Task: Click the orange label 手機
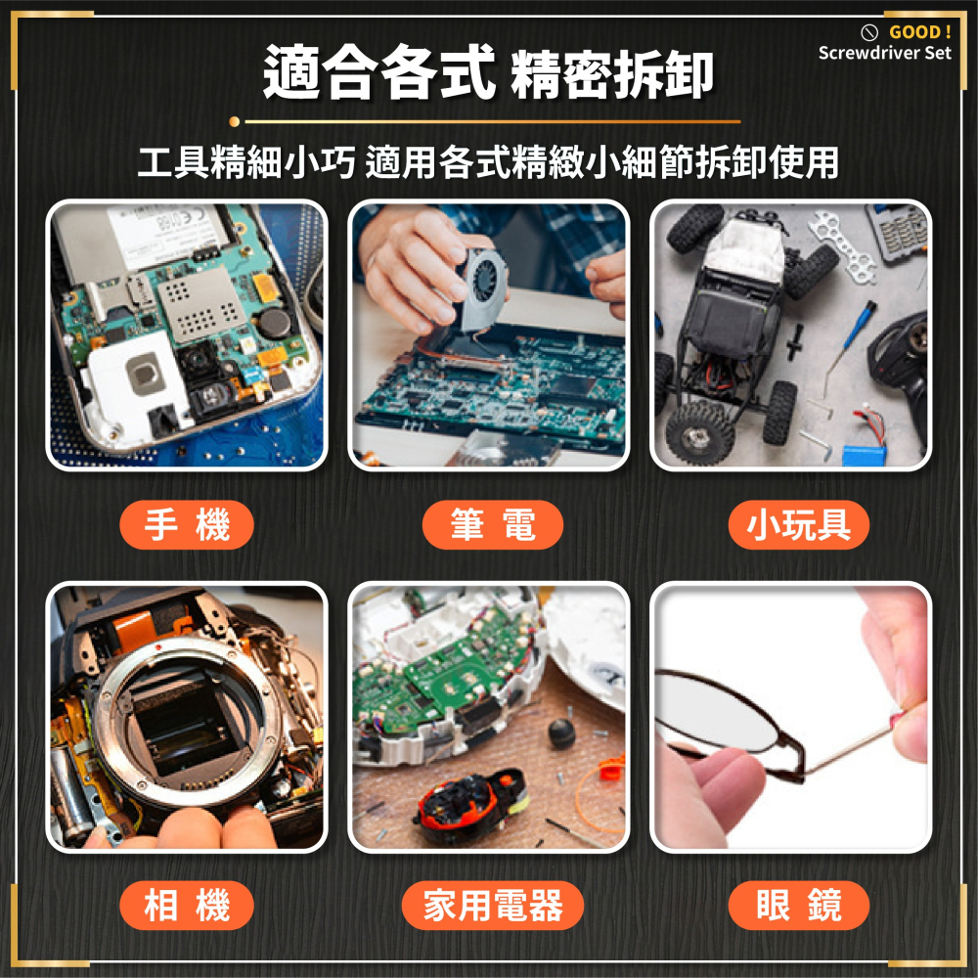pos(186,525)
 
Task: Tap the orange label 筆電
pos(492,525)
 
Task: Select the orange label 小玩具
pos(798,525)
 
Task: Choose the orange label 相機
pos(186,906)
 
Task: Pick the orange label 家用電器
pos(492,906)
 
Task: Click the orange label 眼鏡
pos(798,906)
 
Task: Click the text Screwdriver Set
pos(884,53)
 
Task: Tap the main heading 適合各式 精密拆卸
pos(488,74)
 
